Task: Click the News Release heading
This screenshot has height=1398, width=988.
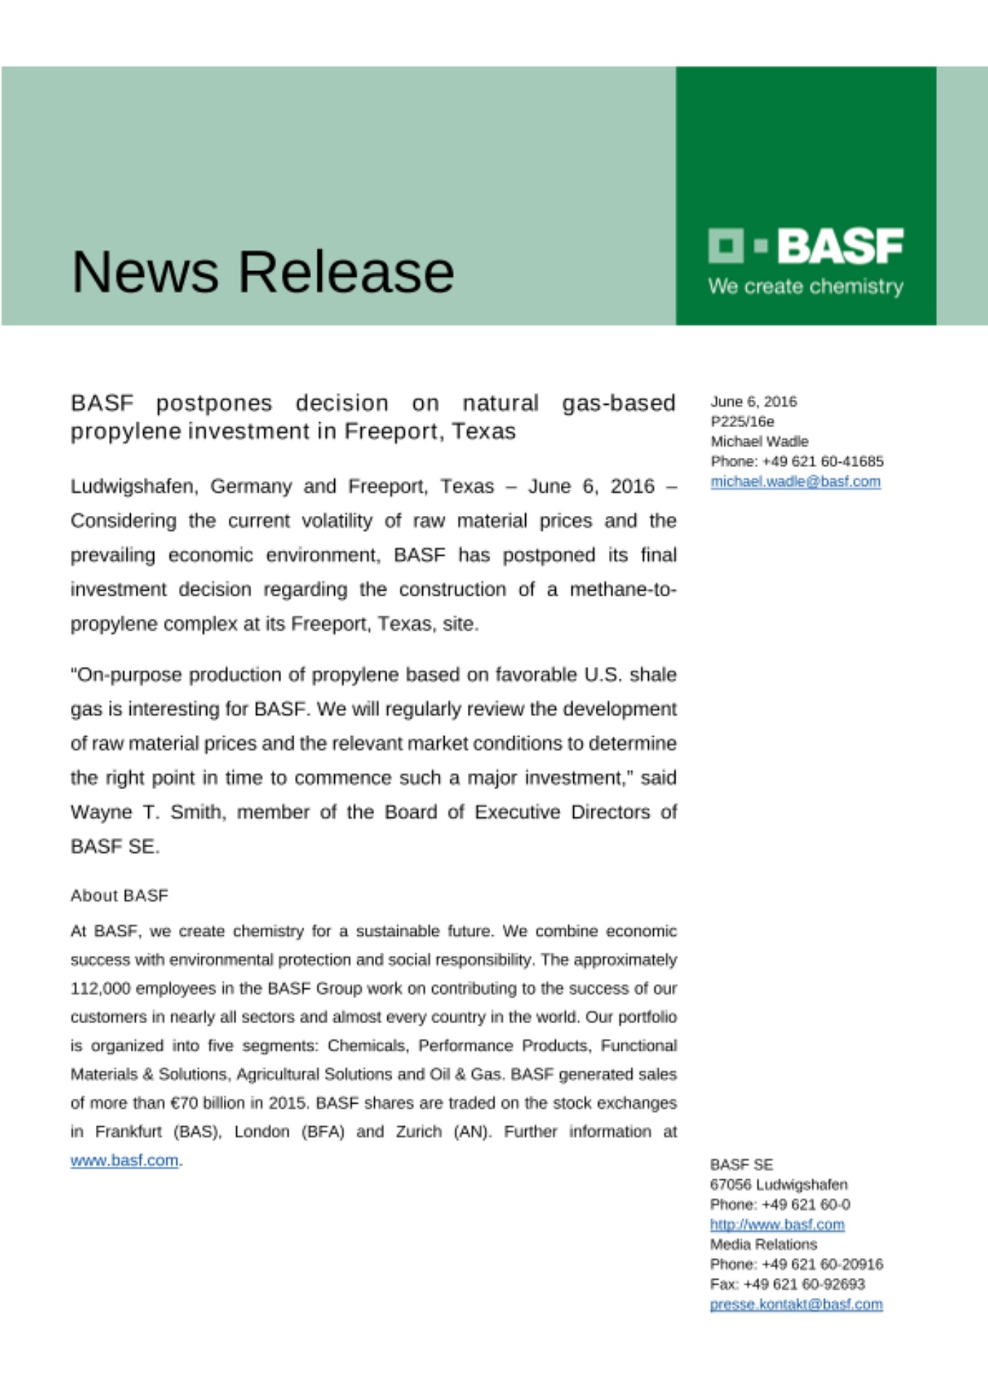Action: (x=263, y=271)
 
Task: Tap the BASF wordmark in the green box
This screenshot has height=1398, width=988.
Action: (x=840, y=246)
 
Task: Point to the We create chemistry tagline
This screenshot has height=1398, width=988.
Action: (x=805, y=287)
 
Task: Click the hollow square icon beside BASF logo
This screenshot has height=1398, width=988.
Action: (x=725, y=245)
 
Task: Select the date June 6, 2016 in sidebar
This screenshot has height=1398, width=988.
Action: (x=753, y=402)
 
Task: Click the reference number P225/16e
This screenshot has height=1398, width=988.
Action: (x=742, y=421)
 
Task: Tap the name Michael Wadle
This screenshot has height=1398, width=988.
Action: (x=759, y=442)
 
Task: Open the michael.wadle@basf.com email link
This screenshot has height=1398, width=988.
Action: (x=795, y=482)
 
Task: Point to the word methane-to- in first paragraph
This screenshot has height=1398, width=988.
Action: (x=622, y=590)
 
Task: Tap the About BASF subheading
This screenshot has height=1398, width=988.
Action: (x=119, y=895)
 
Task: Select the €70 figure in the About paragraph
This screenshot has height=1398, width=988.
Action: (x=183, y=1103)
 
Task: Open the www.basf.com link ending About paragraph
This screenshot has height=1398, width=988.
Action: (x=124, y=1160)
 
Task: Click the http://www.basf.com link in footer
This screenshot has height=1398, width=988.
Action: (x=777, y=1225)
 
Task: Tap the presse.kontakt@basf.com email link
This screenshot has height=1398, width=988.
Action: (x=796, y=1304)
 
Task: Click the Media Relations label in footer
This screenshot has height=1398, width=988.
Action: (x=763, y=1244)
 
